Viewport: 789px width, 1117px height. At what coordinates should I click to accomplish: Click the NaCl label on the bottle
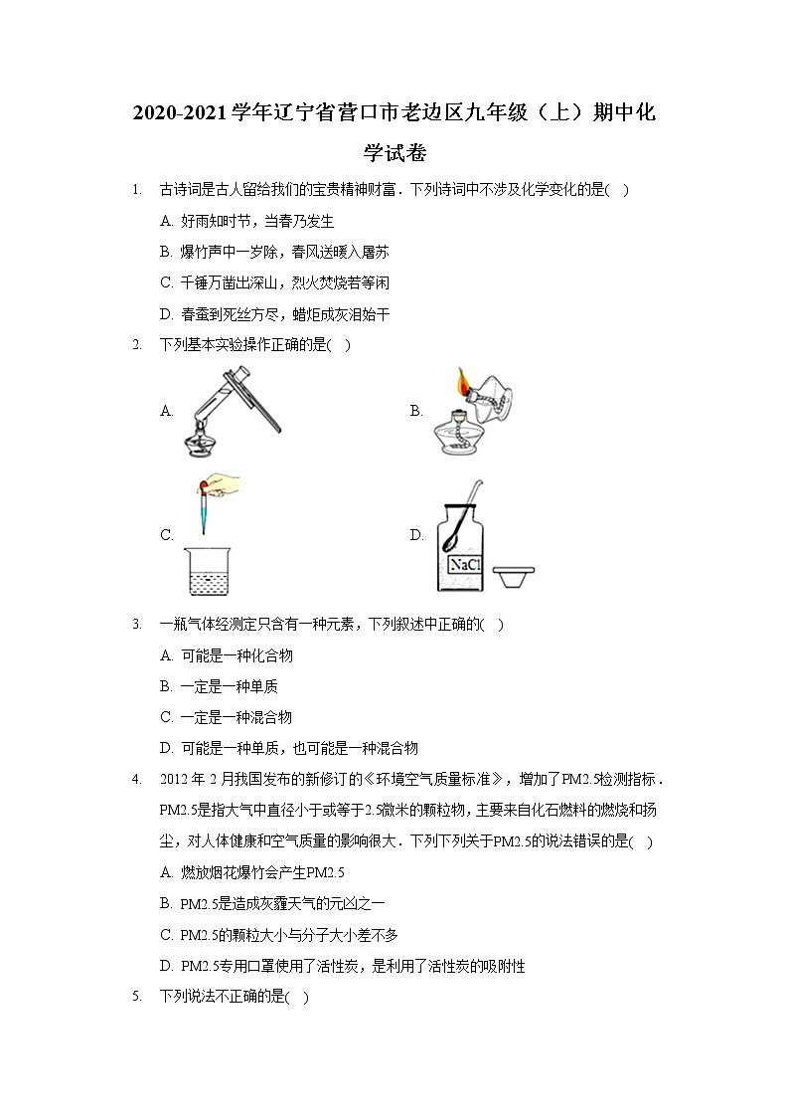click(x=464, y=565)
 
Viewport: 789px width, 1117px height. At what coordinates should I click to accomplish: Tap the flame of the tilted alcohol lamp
click(x=463, y=380)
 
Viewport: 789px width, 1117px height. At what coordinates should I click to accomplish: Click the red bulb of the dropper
click(x=204, y=485)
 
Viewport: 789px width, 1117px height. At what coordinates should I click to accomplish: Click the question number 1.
click(x=135, y=190)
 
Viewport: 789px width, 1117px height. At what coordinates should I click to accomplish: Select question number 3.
click(x=135, y=625)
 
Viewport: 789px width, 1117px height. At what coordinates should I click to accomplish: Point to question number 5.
click(x=135, y=997)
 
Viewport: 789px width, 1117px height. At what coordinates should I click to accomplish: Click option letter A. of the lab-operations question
click(x=167, y=410)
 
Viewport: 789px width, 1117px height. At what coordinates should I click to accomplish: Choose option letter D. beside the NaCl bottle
click(x=416, y=535)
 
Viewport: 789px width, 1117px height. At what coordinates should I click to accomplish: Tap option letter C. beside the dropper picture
click(x=167, y=535)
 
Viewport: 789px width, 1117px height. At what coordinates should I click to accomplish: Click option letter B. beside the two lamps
click(x=416, y=410)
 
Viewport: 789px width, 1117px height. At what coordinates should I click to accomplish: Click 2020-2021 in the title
click(x=181, y=113)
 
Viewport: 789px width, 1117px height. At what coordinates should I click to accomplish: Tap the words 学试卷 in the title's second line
click(x=394, y=152)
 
